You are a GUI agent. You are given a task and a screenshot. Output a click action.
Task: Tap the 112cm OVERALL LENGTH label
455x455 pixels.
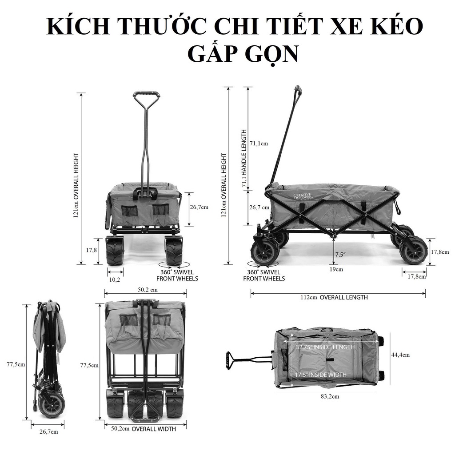(334, 297)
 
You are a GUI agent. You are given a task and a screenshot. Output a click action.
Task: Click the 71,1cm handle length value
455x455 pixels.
(259, 144)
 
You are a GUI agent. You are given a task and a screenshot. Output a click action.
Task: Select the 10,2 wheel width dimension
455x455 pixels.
(115, 280)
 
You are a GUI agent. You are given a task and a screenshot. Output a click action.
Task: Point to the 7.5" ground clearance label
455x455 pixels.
(340, 255)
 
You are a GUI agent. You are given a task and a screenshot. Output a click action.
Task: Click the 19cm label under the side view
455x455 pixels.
(336, 269)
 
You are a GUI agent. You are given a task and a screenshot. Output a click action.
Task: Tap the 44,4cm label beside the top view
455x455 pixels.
(400, 355)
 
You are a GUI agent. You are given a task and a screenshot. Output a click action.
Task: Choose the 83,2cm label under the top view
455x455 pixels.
(330, 396)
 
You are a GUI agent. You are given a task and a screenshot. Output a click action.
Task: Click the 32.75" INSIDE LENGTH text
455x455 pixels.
(325, 347)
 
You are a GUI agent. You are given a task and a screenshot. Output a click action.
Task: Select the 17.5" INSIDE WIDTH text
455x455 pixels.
(321, 375)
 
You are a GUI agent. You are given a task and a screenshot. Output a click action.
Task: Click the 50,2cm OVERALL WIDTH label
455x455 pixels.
(144, 429)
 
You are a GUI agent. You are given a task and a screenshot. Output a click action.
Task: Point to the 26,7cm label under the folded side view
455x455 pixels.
(49, 432)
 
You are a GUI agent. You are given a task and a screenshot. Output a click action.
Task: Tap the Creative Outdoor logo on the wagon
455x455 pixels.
(302, 196)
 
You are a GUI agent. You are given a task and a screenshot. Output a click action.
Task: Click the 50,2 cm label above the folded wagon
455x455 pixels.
(148, 290)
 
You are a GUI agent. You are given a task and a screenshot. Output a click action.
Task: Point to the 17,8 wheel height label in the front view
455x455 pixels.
(92, 250)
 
